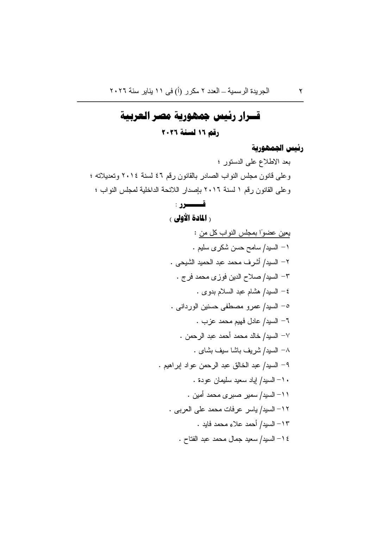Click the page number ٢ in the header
coord(301,91)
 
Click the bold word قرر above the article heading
coord(192,204)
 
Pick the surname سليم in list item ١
coord(198,248)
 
